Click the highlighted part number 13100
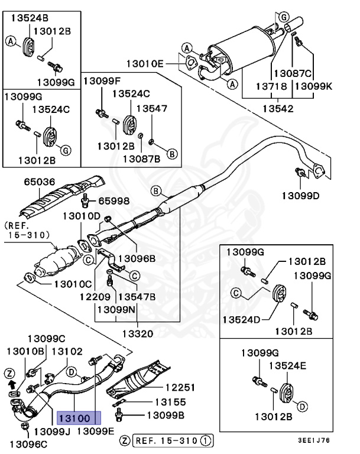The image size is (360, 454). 75,418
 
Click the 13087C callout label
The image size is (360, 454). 291,73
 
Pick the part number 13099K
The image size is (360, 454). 313,86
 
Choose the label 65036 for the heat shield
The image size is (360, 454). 40,182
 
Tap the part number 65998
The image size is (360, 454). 113,200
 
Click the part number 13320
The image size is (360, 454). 137,334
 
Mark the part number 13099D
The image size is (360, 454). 300,195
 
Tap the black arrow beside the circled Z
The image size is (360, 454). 9,384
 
